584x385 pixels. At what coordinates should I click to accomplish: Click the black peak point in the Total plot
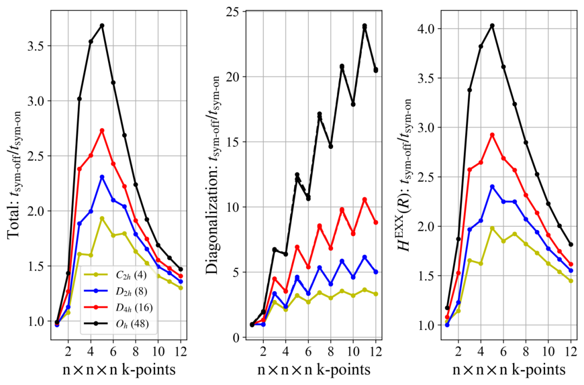point(102,25)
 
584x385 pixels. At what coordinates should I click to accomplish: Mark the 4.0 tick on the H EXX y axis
point(431,29)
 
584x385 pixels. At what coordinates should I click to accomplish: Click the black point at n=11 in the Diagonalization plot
point(364,26)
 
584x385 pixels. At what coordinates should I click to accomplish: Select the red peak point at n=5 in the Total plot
point(102,130)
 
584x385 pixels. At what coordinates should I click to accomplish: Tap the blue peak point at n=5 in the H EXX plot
point(492,187)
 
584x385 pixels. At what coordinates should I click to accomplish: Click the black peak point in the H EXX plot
point(492,25)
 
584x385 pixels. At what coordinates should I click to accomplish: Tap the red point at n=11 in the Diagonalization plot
point(364,199)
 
